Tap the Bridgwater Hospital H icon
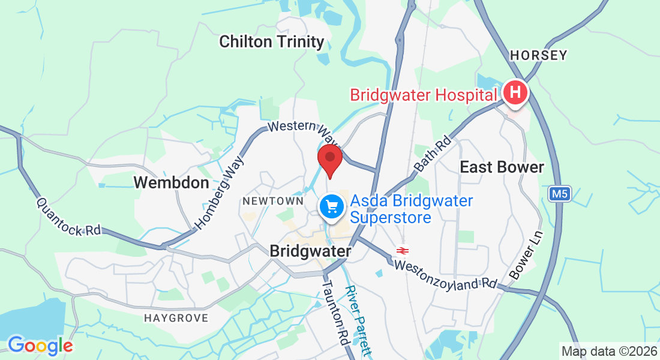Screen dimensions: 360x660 point(515,94)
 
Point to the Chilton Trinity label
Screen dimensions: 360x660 point(272,42)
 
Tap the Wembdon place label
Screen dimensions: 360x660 point(172,182)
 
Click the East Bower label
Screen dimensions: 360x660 point(502,167)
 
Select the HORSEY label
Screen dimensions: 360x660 point(538,56)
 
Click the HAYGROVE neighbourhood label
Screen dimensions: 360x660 point(176,318)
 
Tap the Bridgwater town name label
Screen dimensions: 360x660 point(310,251)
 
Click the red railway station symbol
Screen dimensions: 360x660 point(402,250)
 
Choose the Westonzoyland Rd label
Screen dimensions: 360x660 point(445,273)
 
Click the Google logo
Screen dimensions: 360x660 point(40,346)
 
